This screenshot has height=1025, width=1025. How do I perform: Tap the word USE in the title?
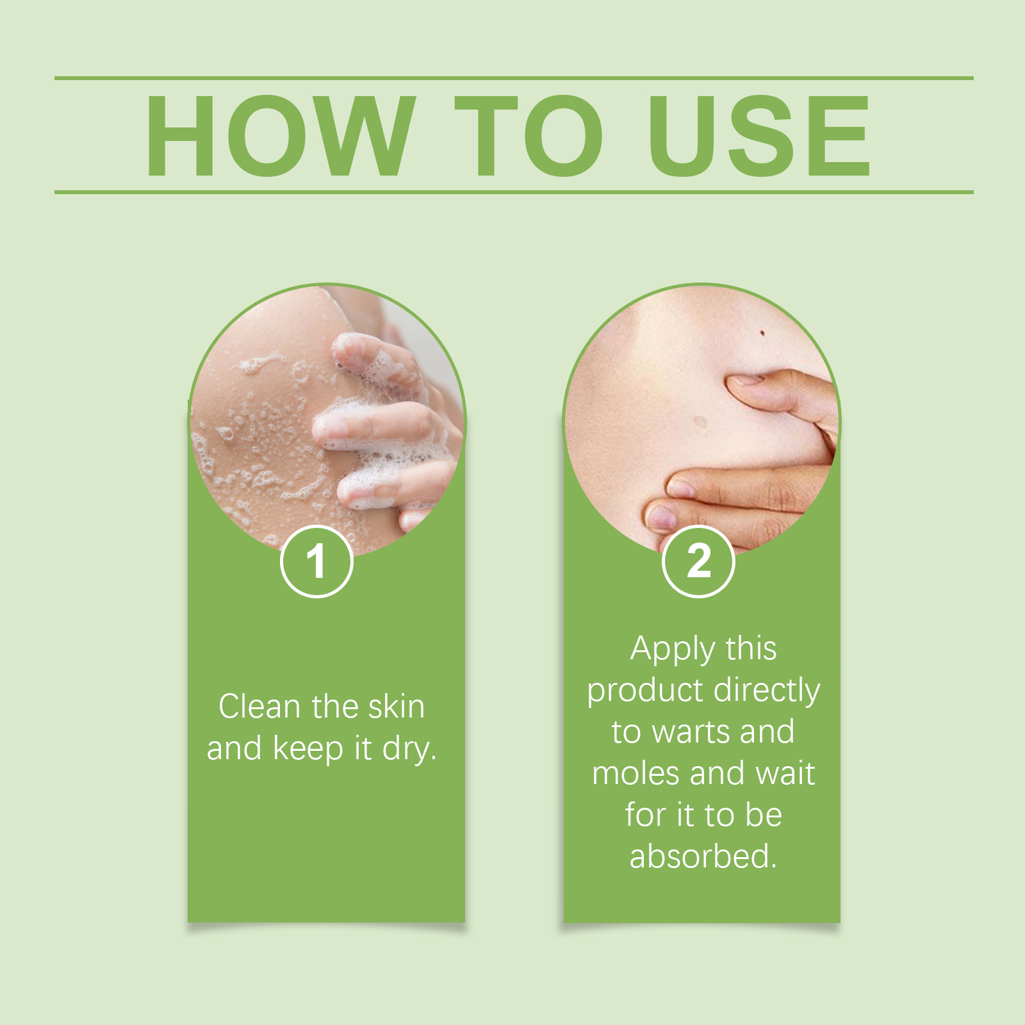pos(759,135)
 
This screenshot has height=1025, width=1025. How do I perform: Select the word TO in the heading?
pos(529,135)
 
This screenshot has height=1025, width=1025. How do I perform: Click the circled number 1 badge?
pos(316,561)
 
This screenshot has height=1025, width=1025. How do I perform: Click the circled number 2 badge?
pos(698,561)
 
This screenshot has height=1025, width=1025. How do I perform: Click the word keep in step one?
pos(308,750)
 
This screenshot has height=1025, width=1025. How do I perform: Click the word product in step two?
pos(645,691)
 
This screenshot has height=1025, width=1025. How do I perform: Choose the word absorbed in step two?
pos(703,857)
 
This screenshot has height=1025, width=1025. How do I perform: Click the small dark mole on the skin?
pos(762,332)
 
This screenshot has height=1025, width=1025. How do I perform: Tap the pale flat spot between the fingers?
pos(701,422)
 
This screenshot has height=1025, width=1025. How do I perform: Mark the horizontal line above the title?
pos(514,78)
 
